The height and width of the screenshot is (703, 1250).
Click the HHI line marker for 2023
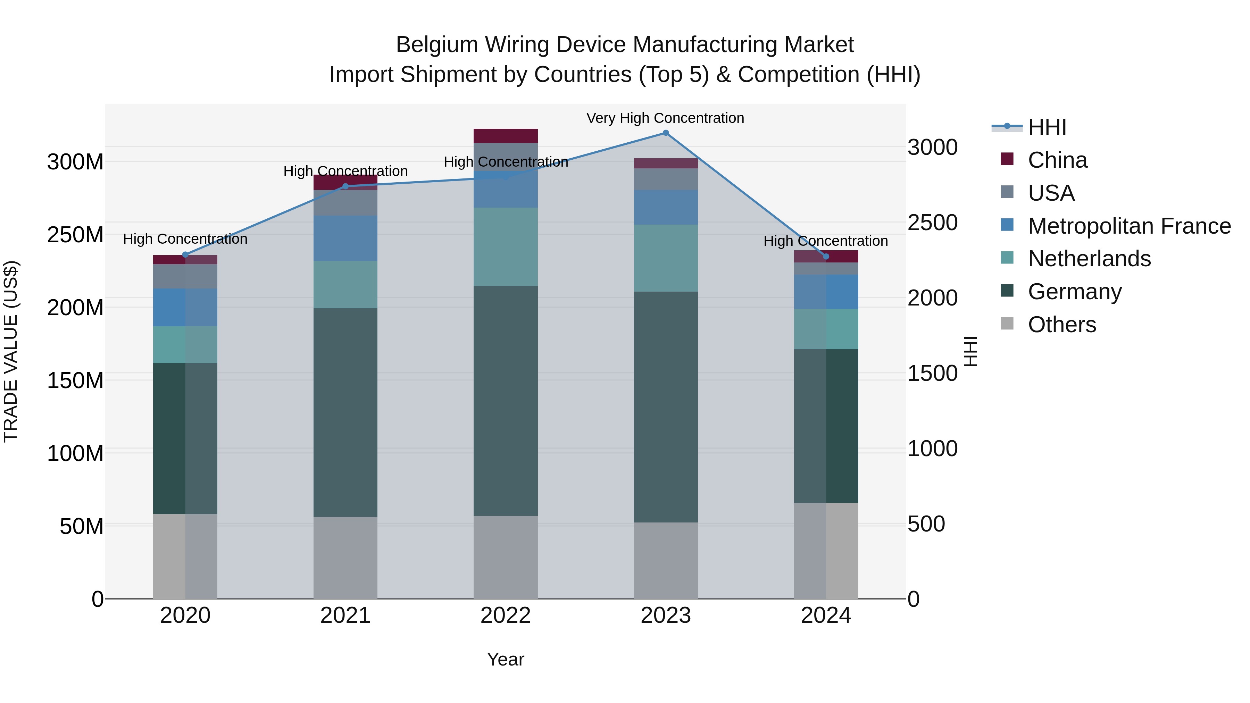pyautogui.click(x=666, y=133)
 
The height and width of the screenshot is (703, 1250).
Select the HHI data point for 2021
pyautogui.click(x=345, y=186)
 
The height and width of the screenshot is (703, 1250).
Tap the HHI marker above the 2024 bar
pyautogui.click(x=826, y=256)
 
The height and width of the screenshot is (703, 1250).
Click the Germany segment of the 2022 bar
pyautogui.click(x=506, y=401)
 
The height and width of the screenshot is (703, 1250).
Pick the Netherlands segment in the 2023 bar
pyautogui.click(x=666, y=258)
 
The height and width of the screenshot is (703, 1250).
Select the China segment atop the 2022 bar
pyautogui.click(x=506, y=136)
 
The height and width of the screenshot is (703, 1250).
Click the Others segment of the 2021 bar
pyautogui.click(x=345, y=558)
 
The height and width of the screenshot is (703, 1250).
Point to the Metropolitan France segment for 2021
pyautogui.click(x=345, y=238)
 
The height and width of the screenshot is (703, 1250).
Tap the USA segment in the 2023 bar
pyautogui.click(x=666, y=179)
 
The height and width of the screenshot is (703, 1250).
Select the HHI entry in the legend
pyautogui.click(x=1047, y=127)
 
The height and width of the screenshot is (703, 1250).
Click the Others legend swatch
pyautogui.click(x=1007, y=324)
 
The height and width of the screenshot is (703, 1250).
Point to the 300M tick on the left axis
pyautogui.click(x=75, y=162)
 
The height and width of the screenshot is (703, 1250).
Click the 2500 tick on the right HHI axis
pyautogui.click(x=933, y=223)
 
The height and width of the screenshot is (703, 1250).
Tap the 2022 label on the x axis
pyautogui.click(x=506, y=616)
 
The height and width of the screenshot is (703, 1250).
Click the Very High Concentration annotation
pyautogui.click(x=665, y=118)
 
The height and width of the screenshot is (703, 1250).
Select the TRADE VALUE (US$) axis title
pyautogui.click(x=11, y=351)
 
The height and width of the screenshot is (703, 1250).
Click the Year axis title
pyautogui.click(x=506, y=659)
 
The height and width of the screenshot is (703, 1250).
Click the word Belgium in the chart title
pyautogui.click(x=437, y=45)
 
